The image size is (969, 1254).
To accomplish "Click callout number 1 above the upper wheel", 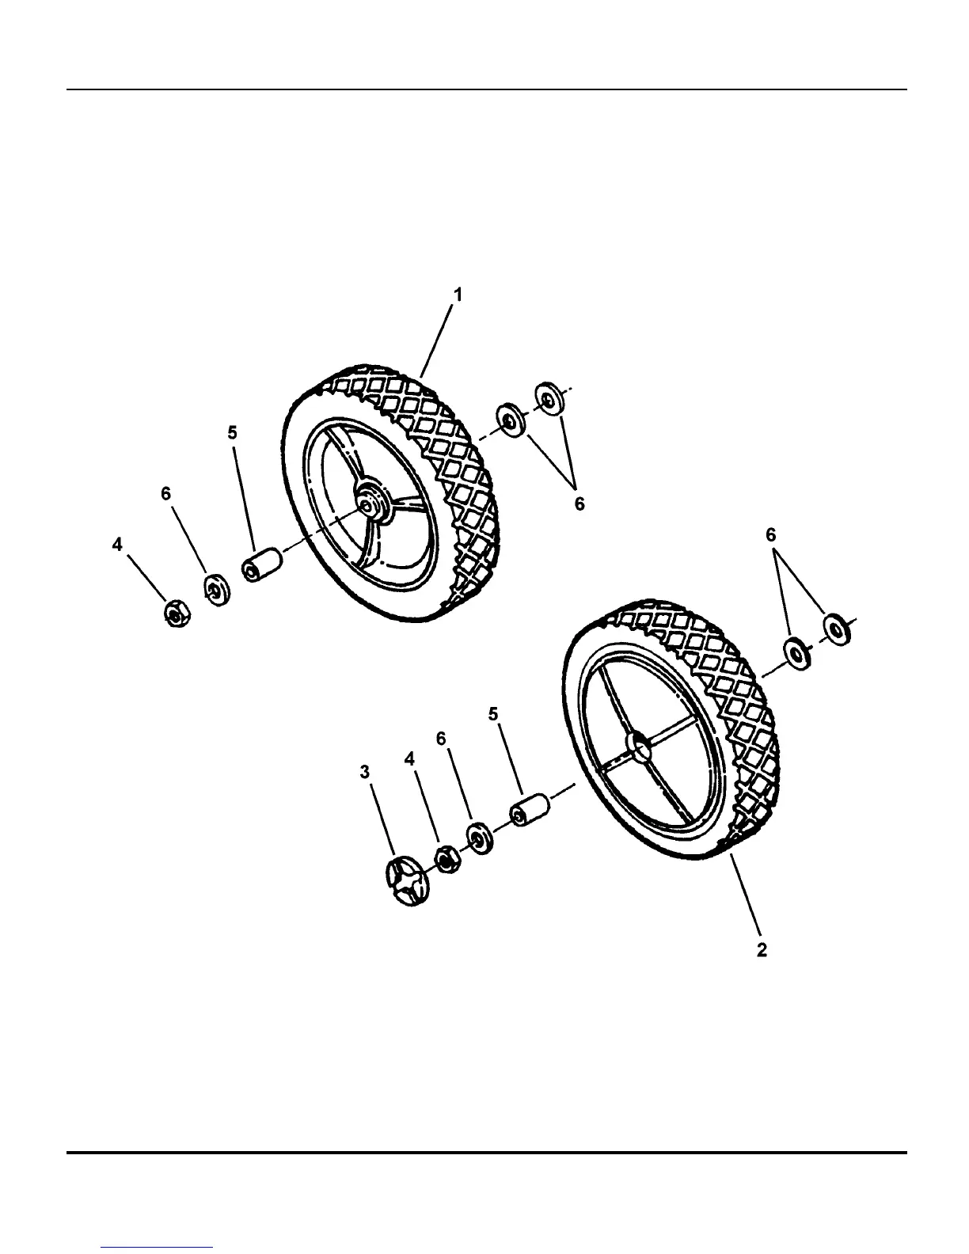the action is click(458, 294).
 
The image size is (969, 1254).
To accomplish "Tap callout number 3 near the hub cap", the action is click(365, 772).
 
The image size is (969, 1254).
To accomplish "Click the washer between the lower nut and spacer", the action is click(480, 838).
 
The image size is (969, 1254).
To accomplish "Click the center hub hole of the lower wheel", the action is click(638, 745).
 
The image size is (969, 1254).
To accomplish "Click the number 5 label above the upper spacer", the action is click(232, 432).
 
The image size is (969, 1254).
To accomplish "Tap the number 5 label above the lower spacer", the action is click(493, 714).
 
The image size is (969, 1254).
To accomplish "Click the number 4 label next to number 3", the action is click(409, 758).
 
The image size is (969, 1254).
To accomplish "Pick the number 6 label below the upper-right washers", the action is click(579, 503).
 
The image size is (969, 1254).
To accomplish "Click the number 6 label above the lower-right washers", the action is click(771, 535).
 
